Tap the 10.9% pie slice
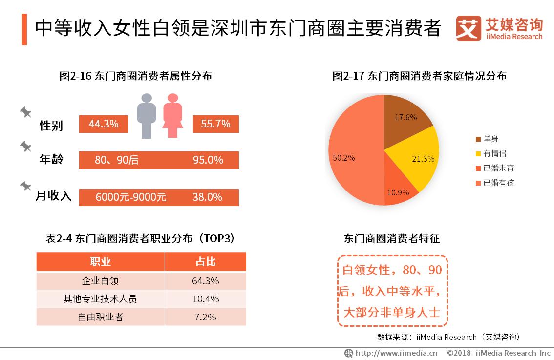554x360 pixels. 398,188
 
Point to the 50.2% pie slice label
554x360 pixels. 344,158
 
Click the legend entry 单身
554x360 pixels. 490,139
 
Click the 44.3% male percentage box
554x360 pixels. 104,124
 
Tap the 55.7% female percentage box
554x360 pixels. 215,124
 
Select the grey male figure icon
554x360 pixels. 146,115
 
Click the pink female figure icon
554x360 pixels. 172,115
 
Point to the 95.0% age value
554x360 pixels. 208,160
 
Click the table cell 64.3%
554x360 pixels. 205,281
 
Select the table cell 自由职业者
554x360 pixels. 100,317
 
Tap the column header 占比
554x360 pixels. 205,261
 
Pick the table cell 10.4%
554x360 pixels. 205,298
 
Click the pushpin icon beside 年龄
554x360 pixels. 25,146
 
